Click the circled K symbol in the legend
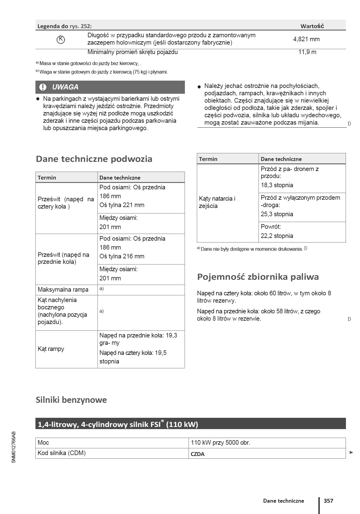(x=61, y=39)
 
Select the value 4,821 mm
(x=306, y=39)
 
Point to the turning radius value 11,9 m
(x=307, y=52)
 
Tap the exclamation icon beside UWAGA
(x=43, y=87)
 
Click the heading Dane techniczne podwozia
(x=94, y=159)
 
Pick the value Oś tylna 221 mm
(x=122, y=205)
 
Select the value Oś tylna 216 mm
(x=122, y=257)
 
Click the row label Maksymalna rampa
(x=63, y=290)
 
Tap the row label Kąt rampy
(x=51, y=349)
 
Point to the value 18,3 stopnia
(x=277, y=185)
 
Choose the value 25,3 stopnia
(x=277, y=214)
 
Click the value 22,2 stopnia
(x=277, y=236)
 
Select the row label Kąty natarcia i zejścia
(x=217, y=202)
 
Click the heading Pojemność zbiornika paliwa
(x=258, y=277)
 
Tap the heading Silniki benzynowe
(x=71, y=400)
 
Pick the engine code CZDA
(x=197, y=454)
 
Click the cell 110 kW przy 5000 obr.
(x=220, y=443)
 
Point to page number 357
(x=329, y=501)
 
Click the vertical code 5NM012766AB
(x=13, y=447)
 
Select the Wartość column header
(x=312, y=26)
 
